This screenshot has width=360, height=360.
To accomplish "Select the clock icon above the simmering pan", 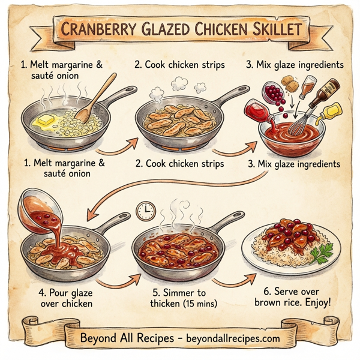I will pos(145,209).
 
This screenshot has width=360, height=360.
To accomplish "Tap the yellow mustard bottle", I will pos(332,110).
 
